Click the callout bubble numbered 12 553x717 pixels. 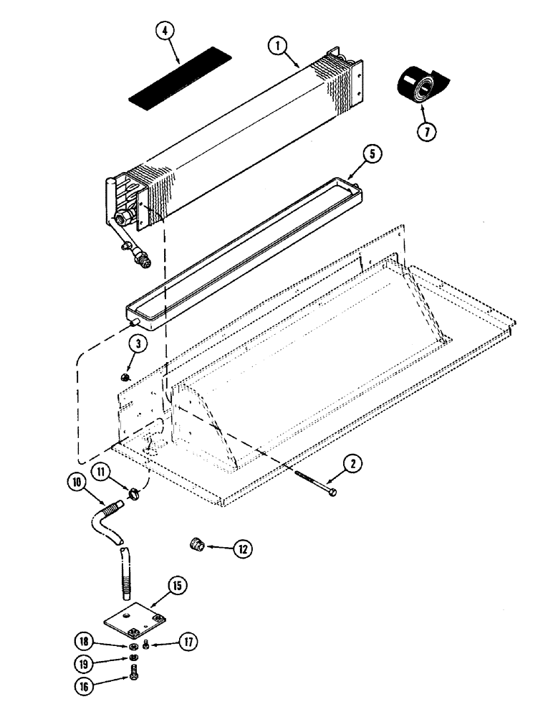243,550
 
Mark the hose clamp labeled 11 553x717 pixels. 133,493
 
